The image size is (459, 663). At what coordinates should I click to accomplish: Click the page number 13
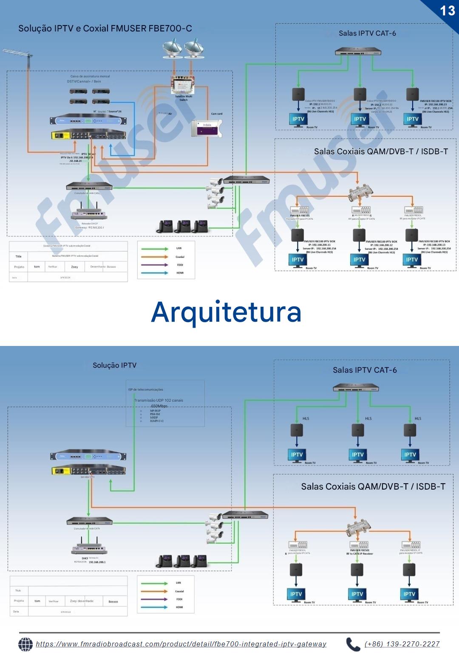point(448,10)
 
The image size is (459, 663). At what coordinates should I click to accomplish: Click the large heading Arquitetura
point(226,312)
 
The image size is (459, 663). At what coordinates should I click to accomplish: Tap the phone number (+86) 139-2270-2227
point(402,644)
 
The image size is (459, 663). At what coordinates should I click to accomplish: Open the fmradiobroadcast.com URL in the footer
point(181,644)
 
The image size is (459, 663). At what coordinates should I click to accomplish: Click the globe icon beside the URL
point(25,644)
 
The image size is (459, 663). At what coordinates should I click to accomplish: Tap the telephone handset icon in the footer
point(353,644)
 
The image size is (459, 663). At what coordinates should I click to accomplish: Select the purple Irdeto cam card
point(207,128)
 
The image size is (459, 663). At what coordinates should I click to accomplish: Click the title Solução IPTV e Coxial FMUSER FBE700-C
point(105,28)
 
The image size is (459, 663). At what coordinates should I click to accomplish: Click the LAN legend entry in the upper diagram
point(178,248)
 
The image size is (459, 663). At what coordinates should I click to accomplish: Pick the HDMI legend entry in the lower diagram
point(179,607)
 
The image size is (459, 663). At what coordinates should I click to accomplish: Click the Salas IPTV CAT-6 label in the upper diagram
point(367,33)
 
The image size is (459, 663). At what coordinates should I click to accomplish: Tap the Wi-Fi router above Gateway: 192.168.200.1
point(89,213)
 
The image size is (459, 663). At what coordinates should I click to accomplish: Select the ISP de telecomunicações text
point(145,389)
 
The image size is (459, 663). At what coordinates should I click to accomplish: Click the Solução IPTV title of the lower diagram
point(114,365)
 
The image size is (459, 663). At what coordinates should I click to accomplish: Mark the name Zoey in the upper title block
point(74,267)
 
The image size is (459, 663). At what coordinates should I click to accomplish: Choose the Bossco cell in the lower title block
point(113,601)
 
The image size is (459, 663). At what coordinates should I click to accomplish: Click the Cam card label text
point(217,114)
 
